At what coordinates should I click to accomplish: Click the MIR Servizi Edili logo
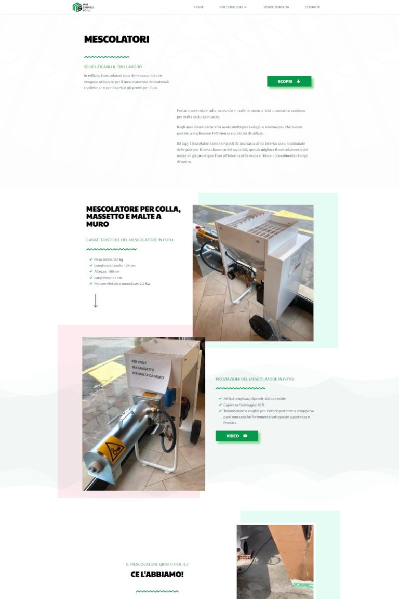coord(83,7)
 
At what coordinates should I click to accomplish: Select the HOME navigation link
coord(198,7)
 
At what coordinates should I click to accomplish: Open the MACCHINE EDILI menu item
coord(233,7)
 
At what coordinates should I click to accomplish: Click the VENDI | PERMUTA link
coord(276,7)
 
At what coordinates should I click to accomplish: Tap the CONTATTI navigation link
coord(312,7)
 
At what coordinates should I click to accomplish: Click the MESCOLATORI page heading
coord(116,40)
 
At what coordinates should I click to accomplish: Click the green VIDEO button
coord(236,436)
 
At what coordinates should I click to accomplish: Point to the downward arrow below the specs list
coord(95,301)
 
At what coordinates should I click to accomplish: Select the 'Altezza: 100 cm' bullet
coord(107,271)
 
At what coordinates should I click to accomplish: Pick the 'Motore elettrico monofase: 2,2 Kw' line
coord(122,284)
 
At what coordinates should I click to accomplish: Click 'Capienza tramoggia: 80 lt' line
coord(244,405)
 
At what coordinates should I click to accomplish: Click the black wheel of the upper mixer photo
coord(260,328)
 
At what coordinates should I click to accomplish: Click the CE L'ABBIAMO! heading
coord(157,575)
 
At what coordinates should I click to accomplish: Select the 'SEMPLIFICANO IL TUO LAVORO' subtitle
coord(113,67)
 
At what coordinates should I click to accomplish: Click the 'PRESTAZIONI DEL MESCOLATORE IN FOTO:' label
coord(255,379)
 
